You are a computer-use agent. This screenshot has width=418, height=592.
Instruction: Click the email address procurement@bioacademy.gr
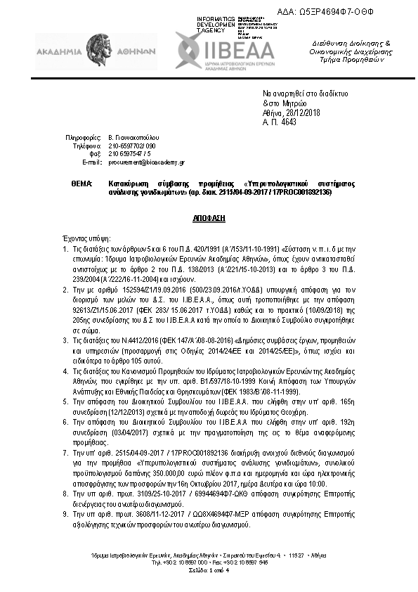click(146, 162)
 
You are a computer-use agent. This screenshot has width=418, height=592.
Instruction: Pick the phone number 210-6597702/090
click(131, 146)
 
